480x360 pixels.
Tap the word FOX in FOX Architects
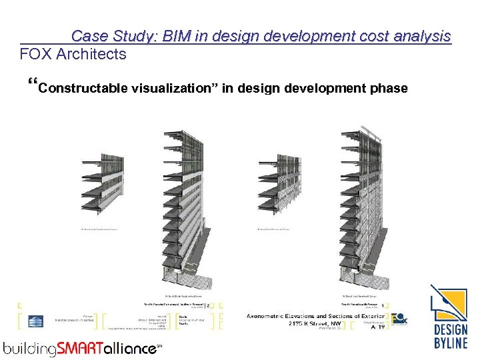pos(36,54)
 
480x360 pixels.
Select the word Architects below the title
pos(91,54)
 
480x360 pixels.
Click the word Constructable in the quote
pos(83,88)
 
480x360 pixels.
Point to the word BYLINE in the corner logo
pos(450,344)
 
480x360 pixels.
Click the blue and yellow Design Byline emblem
pos(448,303)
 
